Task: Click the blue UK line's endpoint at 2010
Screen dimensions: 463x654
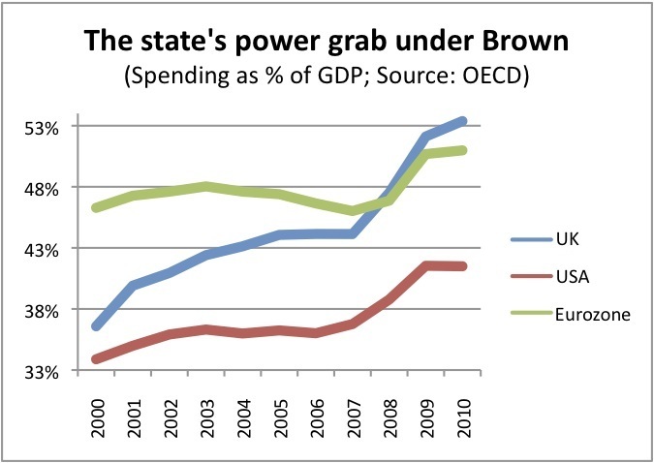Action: (x=464, y=121)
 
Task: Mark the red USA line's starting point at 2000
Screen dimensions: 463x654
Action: (x=97, y=359)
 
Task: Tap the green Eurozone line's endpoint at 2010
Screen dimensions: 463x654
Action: (x=464, y=150)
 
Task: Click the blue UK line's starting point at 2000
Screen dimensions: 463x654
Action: (x=97, y=326)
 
